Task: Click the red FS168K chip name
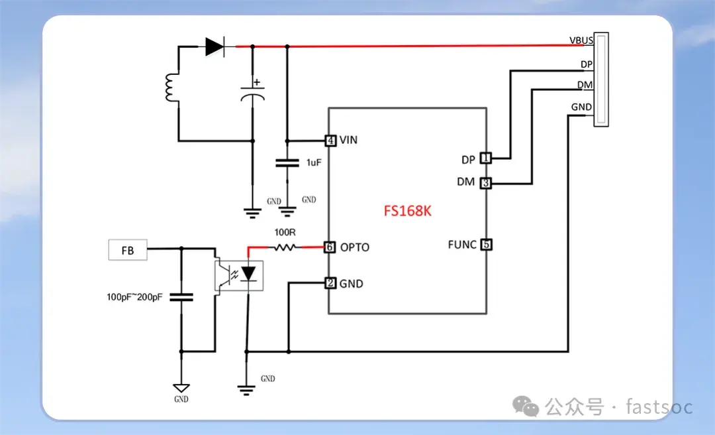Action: tap(407, 211)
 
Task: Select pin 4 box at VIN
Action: tap(330, 141)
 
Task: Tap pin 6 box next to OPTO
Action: tap(329, 247)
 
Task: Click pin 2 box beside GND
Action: tap(330, 283)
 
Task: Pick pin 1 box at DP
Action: tap(486, 158)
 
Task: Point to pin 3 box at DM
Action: tap(486, 183)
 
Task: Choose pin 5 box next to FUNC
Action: tap(486, 245)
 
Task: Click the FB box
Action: tap(128, 250)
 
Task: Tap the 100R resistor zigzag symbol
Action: tap(285, 247)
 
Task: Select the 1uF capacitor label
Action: tap(314, 162)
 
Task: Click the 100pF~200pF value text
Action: tap(134, 297)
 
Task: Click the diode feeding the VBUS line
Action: tap(215, 46)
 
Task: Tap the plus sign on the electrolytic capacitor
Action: tap(257, 82)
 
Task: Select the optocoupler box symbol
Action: tap(239, 276)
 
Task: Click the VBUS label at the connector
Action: tap(581, 40)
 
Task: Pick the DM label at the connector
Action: tap(585, 85)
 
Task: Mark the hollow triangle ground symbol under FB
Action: tap(181, 388)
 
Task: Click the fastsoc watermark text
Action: tap(659, 406)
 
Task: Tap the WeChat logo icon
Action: tap(526, 406)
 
